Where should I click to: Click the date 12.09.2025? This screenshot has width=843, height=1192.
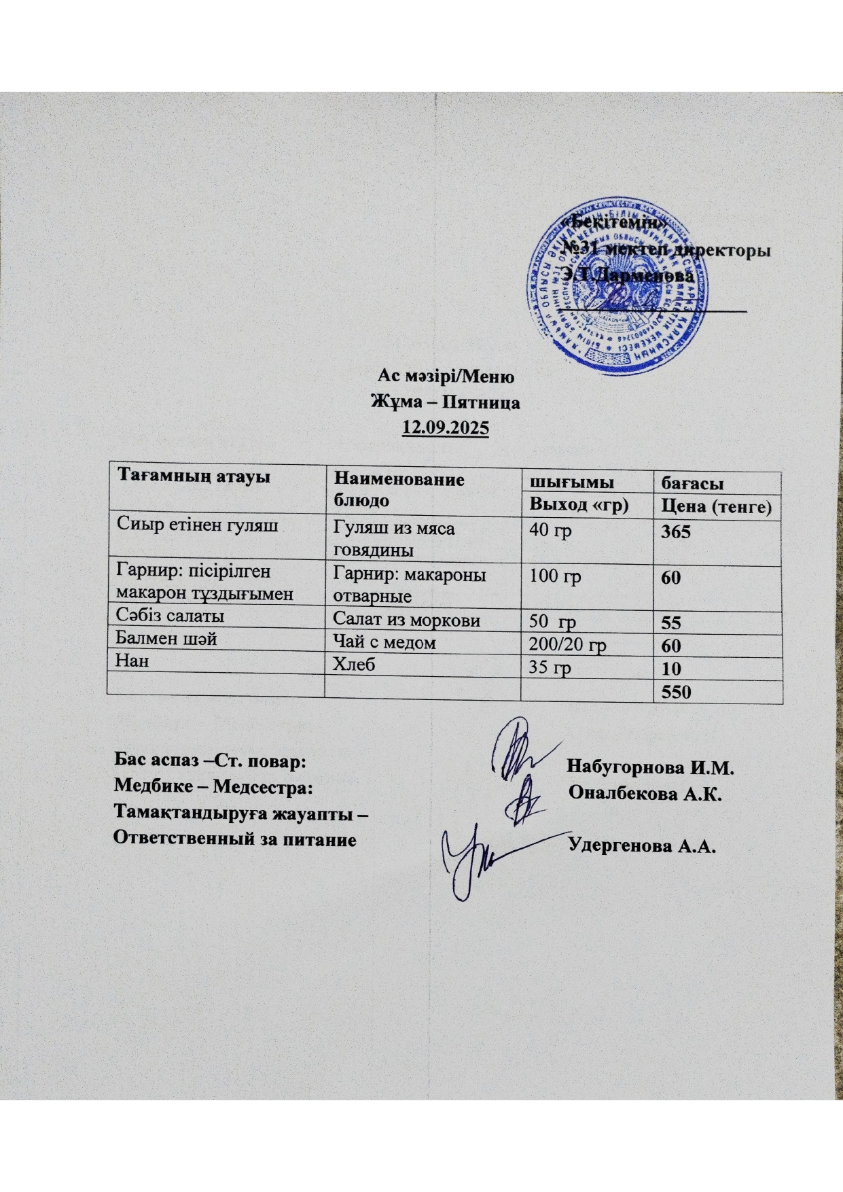(446, 429)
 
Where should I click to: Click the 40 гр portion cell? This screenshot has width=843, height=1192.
(550, 530)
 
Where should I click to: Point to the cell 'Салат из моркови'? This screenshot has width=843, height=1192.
(406, 620)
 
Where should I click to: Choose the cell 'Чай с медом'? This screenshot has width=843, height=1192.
(384, 642)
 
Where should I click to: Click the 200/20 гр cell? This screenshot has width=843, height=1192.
(568, 645)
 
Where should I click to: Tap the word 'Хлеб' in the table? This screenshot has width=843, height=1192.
(354, 665)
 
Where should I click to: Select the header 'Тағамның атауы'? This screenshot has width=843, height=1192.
(194, 476)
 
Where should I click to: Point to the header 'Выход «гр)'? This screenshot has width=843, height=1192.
(579, 505)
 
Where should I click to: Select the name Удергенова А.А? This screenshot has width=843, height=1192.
(643, 845)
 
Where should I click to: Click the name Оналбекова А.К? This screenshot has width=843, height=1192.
(645, 793)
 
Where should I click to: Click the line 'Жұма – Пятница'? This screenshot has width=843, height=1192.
(445, 402)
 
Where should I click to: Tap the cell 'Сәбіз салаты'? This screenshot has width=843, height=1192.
(171, 616)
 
